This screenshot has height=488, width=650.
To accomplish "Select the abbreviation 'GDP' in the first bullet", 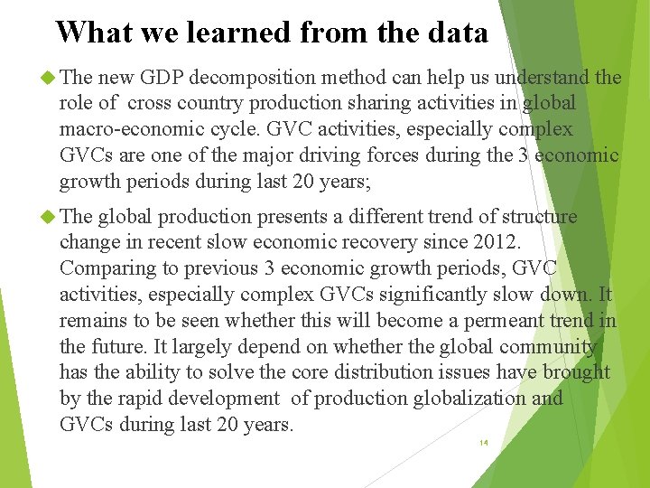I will [x=160, y=79].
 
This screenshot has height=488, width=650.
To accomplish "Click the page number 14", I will [x=483, y=444].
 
